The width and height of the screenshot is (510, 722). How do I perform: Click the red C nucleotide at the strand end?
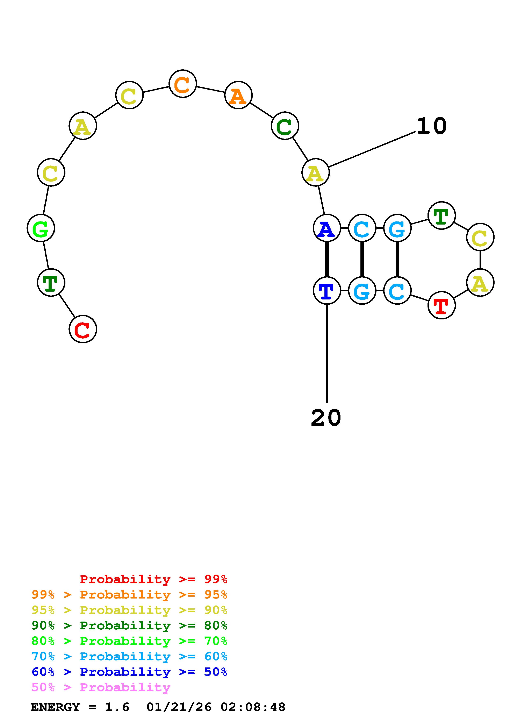click(83, 329)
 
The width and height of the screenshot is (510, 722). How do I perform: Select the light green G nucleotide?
click(41, 228)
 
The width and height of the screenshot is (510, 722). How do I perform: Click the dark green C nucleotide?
click(285, 126)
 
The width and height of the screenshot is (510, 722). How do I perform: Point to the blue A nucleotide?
click(327, 228)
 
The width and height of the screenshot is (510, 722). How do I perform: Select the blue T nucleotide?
click(327, 291)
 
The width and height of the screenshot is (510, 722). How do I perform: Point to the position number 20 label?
click(326, 418)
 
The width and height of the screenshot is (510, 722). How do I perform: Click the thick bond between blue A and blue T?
click(327, 259)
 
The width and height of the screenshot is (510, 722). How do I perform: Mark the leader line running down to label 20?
click(327, 354)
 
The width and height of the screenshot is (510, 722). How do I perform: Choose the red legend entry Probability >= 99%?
click(153, 579)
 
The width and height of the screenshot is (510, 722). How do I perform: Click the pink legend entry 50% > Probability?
click(101, 687)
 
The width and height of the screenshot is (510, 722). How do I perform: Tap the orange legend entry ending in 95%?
click(129, 595)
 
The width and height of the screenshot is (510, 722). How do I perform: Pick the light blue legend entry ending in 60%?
click(129, 657)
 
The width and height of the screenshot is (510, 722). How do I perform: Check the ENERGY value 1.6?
click(117, 707)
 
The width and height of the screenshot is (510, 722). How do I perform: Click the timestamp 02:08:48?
click(253, 707)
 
